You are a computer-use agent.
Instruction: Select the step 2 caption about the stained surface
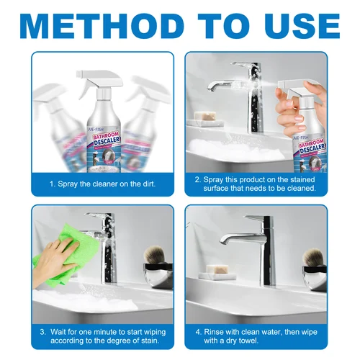[x=264, y=183]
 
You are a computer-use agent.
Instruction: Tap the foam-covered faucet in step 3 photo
[x=104, y=245]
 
